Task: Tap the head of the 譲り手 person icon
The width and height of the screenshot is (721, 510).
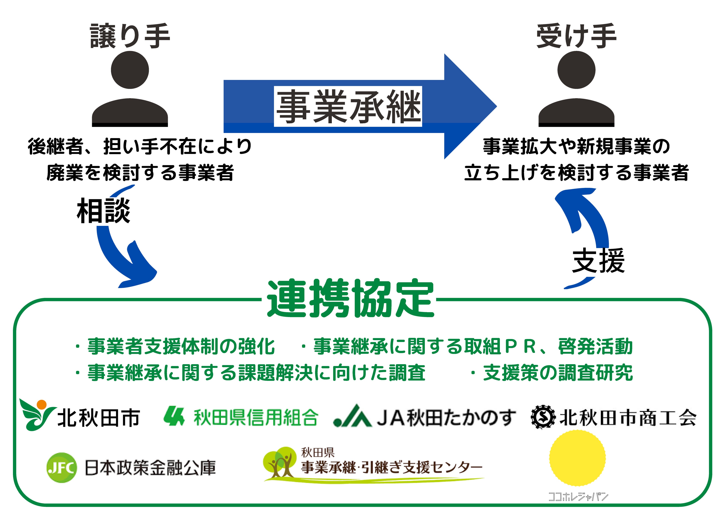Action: click(x=130, y=70)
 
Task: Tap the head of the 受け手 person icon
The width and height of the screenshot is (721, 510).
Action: click(x=576, y=70)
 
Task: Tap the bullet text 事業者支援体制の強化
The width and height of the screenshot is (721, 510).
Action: click(x=181, y=347)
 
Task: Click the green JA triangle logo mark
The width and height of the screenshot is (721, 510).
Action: click(x=353, y=416)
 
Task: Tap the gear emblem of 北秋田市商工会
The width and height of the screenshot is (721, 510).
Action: click(x=543, y=417)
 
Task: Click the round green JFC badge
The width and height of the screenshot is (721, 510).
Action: click(x=62, y=468)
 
